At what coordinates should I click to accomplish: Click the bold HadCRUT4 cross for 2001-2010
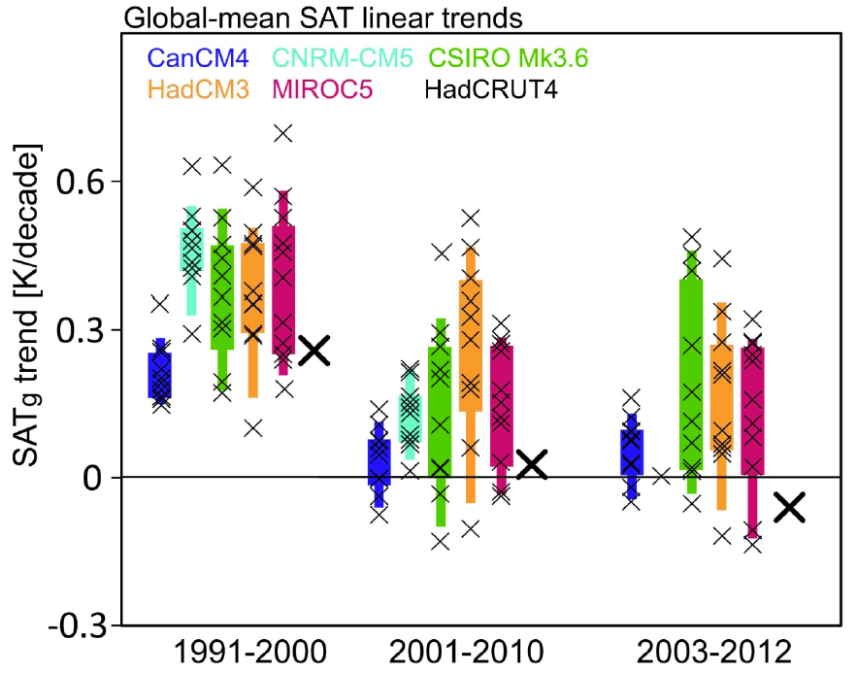coord(532,465)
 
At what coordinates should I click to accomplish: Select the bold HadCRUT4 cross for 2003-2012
coord(791,506)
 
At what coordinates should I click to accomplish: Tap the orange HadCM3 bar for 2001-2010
coord(471,374)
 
